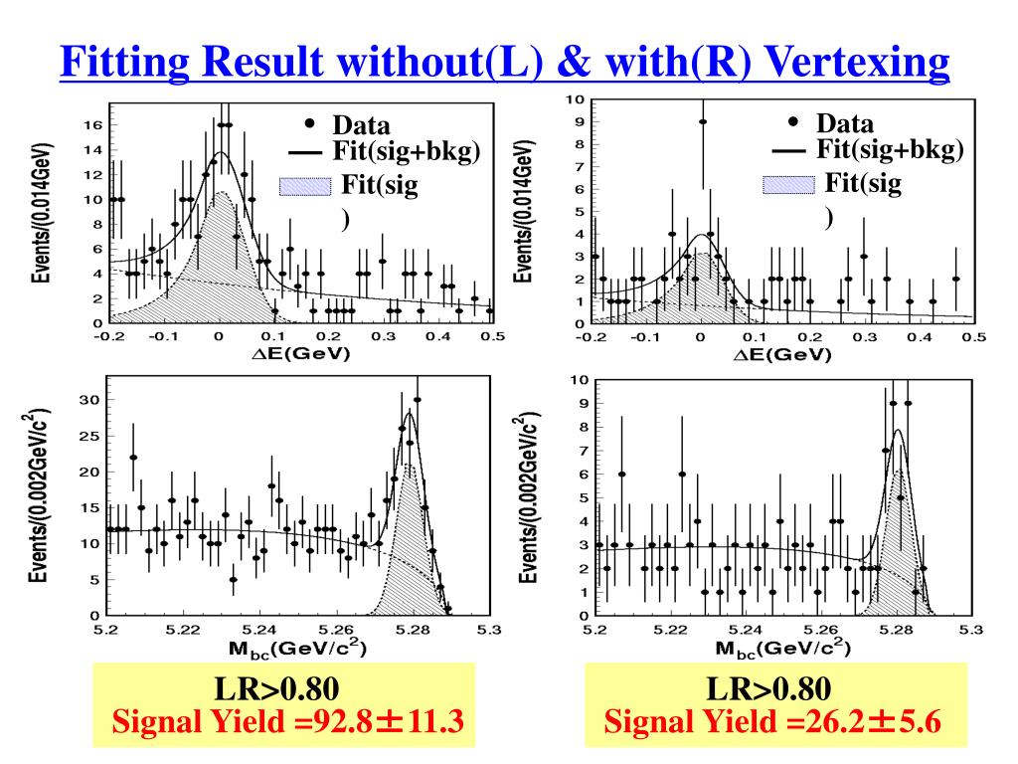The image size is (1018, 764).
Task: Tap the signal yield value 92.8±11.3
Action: coord(390,720)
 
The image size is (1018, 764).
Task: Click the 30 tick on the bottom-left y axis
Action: coord(89,400)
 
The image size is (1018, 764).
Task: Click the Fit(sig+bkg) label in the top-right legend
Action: coord(890,150)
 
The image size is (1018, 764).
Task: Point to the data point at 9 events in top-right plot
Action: coord(703,122)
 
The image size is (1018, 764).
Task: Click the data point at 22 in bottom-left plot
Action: coord(133,458)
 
